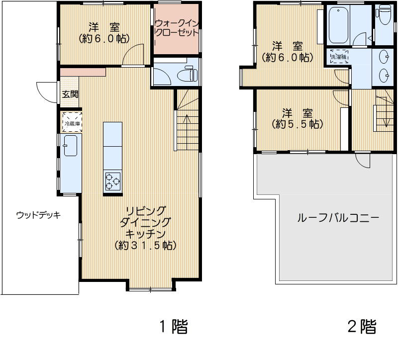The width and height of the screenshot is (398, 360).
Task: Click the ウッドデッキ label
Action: pyautogui.click(x=38, y=215)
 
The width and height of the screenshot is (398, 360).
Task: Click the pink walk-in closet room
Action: pyautogui.click(x=177, y=30)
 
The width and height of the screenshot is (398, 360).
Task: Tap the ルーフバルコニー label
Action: pyautogui.click(x=338, y=218)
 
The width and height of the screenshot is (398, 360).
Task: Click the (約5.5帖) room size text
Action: pyautogui.click(x=298, y=124)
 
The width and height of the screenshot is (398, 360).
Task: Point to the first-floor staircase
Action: pyautogui.click(x=187, y=124)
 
